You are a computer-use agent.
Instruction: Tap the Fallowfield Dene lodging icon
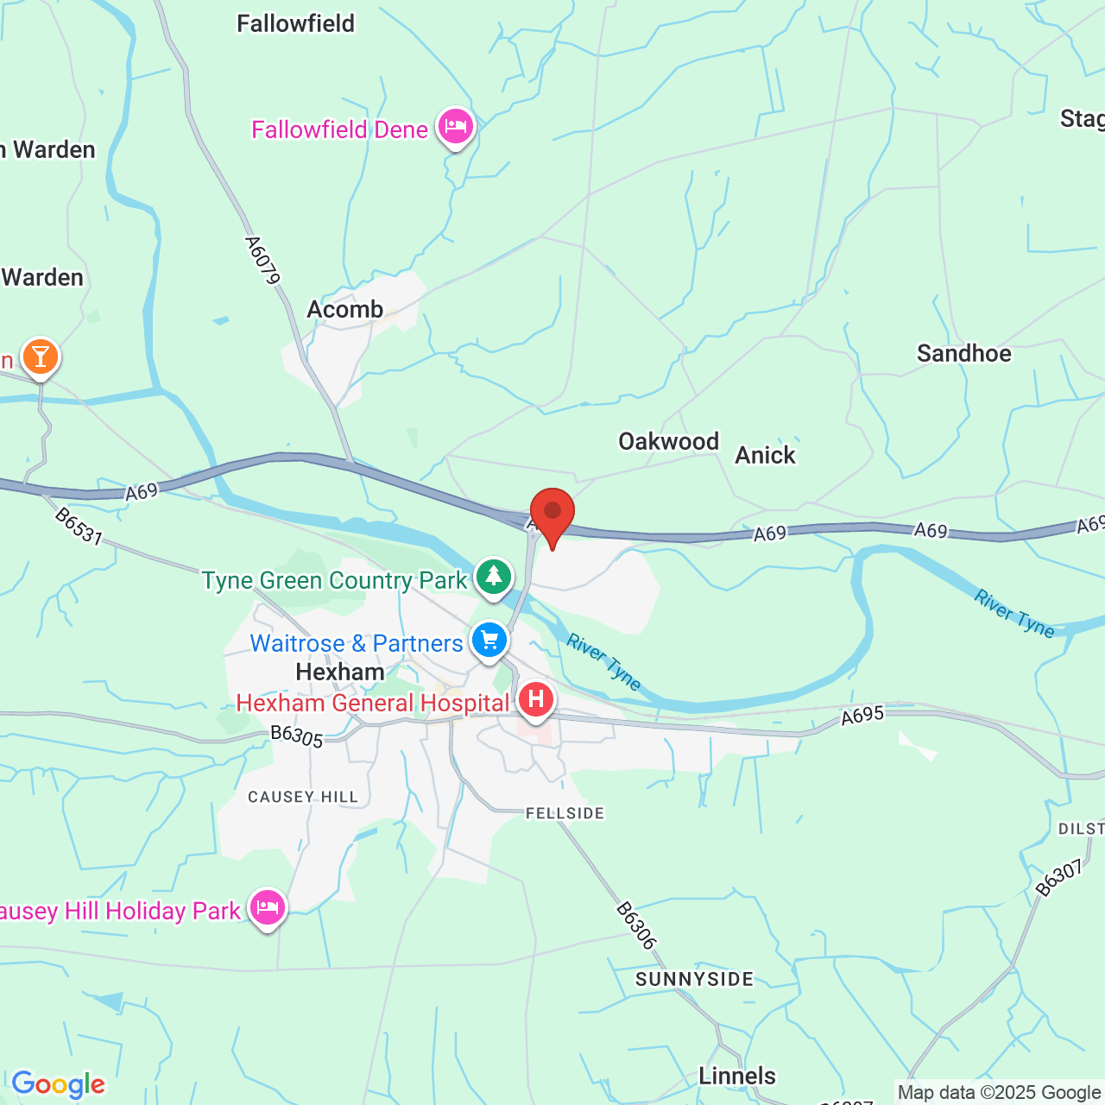point(455,128)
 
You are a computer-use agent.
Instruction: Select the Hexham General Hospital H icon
point(535,699)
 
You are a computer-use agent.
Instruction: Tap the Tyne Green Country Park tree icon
point(493,576)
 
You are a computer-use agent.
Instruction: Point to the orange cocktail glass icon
point(40,356)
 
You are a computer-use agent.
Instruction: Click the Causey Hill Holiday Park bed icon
point(268,907)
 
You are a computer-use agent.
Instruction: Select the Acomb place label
point(345,309)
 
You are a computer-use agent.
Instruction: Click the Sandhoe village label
point(963,353)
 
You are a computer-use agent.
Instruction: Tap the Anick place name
point(765,455)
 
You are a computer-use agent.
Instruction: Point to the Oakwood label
point(668,441)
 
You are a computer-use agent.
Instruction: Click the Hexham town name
point(340,672)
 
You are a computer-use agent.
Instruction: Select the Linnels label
point(737,1076)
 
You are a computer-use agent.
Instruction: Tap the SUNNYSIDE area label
point(695,979)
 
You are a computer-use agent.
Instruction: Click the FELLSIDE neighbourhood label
point(565,813)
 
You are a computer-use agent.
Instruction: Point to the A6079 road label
point(263,260)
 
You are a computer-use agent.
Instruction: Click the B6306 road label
point(636,926)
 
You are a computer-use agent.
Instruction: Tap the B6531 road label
point(79,526)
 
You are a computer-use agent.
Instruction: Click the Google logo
point(58,1084)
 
